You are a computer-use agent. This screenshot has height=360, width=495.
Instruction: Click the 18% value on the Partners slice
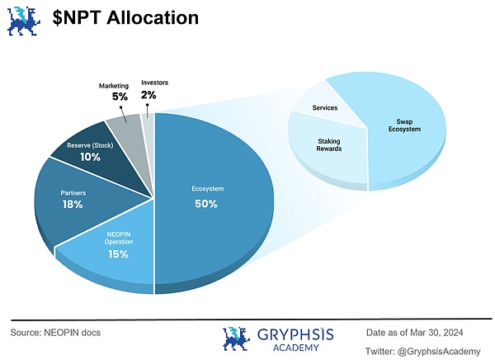[x=72, y=204]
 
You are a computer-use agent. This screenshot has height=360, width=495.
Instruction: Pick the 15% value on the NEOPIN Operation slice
[x=118, y=254]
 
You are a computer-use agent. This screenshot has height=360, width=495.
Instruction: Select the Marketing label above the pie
[x=114, y=86]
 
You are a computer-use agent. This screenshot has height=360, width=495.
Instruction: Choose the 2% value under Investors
[x=148, y=95]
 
